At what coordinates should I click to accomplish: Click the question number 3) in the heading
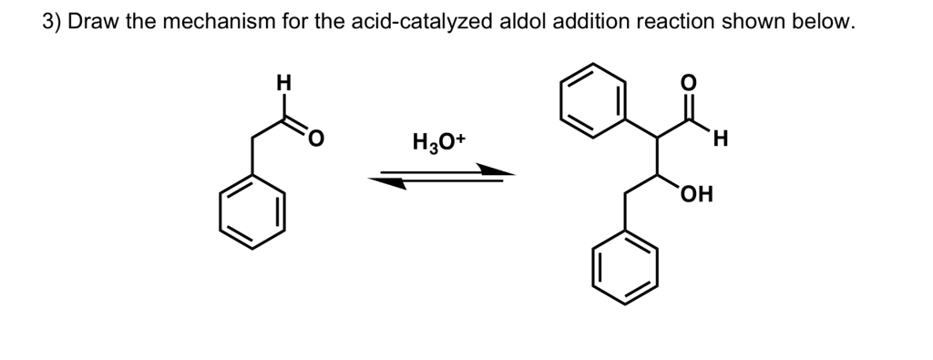tap(53, 23)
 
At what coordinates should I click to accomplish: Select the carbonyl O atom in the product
tap(689, 82)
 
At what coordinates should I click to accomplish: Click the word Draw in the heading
tap(95, 23)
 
